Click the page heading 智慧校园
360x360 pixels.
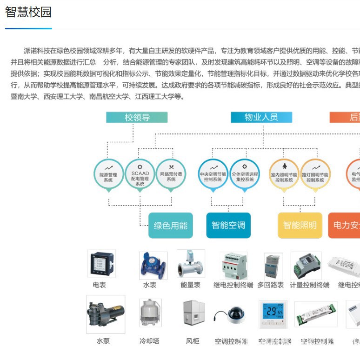(x=28, y=13)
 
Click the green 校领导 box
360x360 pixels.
(x=137, y=117)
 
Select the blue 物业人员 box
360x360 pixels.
(x=261, y=117)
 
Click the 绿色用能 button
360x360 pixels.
(x=170, y=226)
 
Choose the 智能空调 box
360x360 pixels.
(x=228, y=226)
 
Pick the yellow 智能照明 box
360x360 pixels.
(x=300, y=226)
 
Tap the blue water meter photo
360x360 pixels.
(x=153, y=266)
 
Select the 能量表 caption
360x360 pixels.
(x=190, y=285)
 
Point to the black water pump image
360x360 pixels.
(x=106, y=314)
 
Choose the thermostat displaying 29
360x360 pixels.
(x=273, y=313)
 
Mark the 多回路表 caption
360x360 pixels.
(x=270, y=285)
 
